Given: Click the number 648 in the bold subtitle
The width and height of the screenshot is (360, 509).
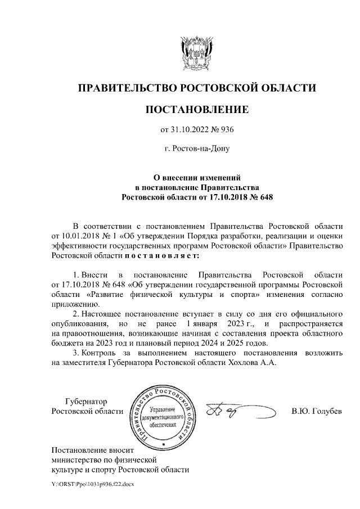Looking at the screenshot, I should click(x=263, y=197).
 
